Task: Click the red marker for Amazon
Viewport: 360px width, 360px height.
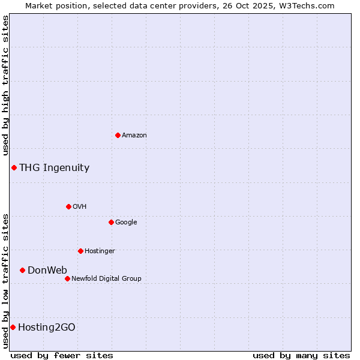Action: (x=118, y=135)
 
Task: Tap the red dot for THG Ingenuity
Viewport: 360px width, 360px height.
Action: (x=14, y=167)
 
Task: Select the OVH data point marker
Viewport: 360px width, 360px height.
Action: (x=68, y=206)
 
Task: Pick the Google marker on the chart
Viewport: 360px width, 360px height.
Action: (x=111, y=222)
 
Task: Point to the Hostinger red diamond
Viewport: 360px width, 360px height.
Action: (x=80, y=251)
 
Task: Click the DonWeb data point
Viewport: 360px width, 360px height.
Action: (x=22, y=270)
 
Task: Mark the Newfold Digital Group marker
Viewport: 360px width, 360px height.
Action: (x=67, y=278)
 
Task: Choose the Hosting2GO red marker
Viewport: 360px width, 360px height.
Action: (x=13, y=327)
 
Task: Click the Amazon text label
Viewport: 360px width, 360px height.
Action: (x=134, y=136)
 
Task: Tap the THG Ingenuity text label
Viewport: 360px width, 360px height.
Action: (x=54, y=168)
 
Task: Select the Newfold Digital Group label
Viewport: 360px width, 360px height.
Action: (x=106, y=278)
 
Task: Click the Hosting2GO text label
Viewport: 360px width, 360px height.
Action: (x=47, y=327)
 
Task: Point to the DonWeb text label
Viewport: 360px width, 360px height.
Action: (x=47, y=270)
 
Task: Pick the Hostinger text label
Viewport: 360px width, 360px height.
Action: (x=100, y=251)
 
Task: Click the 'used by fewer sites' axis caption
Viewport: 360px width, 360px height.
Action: (x=62, y=355)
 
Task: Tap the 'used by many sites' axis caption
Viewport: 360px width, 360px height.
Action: (x=301, y=355)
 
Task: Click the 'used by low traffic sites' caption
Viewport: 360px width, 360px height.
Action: (x=5, y=281)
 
